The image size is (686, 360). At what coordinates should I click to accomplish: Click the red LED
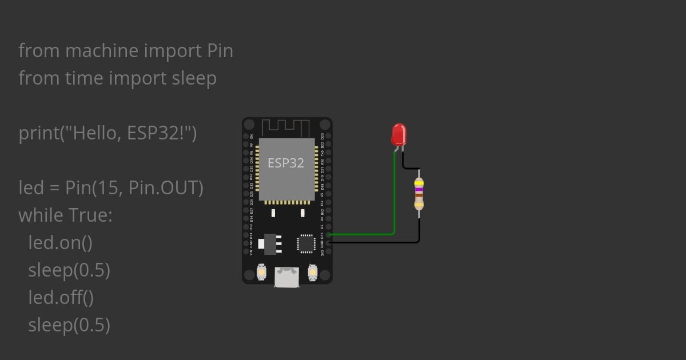[x=398, y=135]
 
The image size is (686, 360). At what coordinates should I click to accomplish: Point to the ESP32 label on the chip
[x=286, y=163]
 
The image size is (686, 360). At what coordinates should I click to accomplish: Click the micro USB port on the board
[x=286, y=277]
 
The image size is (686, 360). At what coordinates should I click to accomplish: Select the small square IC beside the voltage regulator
[x=306, y=243]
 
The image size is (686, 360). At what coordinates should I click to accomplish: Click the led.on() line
[x=60, y=243]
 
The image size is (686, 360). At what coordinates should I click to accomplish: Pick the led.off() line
[x=61, y=298]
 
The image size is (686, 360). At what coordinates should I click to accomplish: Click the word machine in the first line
[x=102, y=51]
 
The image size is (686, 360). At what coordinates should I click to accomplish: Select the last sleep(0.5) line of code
[x=69, y=325]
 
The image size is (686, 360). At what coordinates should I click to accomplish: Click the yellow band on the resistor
[x=419, y=183]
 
